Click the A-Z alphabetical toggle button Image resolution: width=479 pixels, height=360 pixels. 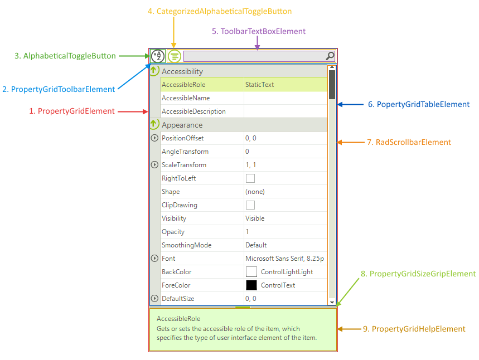(x=158, y=56)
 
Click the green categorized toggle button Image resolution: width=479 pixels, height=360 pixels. (x=175, y=56)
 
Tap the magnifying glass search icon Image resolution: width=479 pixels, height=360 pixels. (x=330, y=56)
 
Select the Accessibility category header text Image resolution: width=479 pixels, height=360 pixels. (x=182, y=71)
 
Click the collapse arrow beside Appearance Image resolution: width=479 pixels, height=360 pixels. (x=154, y=125)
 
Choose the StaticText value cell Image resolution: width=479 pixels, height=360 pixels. (x=260, y=85)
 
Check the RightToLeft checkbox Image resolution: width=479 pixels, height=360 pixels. (x=250, y=178)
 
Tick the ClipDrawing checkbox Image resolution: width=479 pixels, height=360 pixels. (x=250, y=205)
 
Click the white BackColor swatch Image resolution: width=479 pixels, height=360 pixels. (x=251, y=272)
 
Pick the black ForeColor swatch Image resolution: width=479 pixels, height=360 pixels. (x=251, y=285)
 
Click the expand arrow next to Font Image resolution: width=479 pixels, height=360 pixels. (x=154, y=259)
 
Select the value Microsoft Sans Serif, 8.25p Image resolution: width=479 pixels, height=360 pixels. (x=284, y=259)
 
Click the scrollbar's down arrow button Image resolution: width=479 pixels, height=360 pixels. (x=332, y=302)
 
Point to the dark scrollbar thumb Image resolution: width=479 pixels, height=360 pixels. (x=332, y=84)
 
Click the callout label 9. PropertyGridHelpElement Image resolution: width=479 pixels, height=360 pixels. (x=414, y=329)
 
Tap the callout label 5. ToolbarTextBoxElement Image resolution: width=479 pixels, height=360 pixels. (x=259, y=31)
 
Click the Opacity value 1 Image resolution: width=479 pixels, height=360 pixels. (x=247, y=232)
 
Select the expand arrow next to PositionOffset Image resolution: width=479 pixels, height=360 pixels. (x=154, y=138)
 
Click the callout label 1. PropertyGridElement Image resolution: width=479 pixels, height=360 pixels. (x=72, y=111)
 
